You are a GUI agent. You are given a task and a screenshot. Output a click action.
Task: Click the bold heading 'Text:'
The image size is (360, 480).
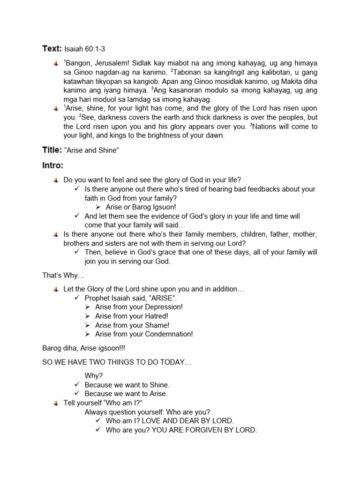coord(52,49)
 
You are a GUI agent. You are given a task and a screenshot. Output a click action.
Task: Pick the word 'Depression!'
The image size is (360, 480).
coord(164,307)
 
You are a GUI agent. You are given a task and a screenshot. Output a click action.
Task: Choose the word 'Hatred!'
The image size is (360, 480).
coord(157,316)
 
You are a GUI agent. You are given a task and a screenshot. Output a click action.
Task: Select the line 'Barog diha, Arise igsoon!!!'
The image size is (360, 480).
coord(83,348)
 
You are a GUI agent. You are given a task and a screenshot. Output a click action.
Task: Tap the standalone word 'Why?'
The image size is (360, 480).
coord(94,375)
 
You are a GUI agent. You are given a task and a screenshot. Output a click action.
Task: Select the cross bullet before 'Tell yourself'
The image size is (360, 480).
coord(56,403)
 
